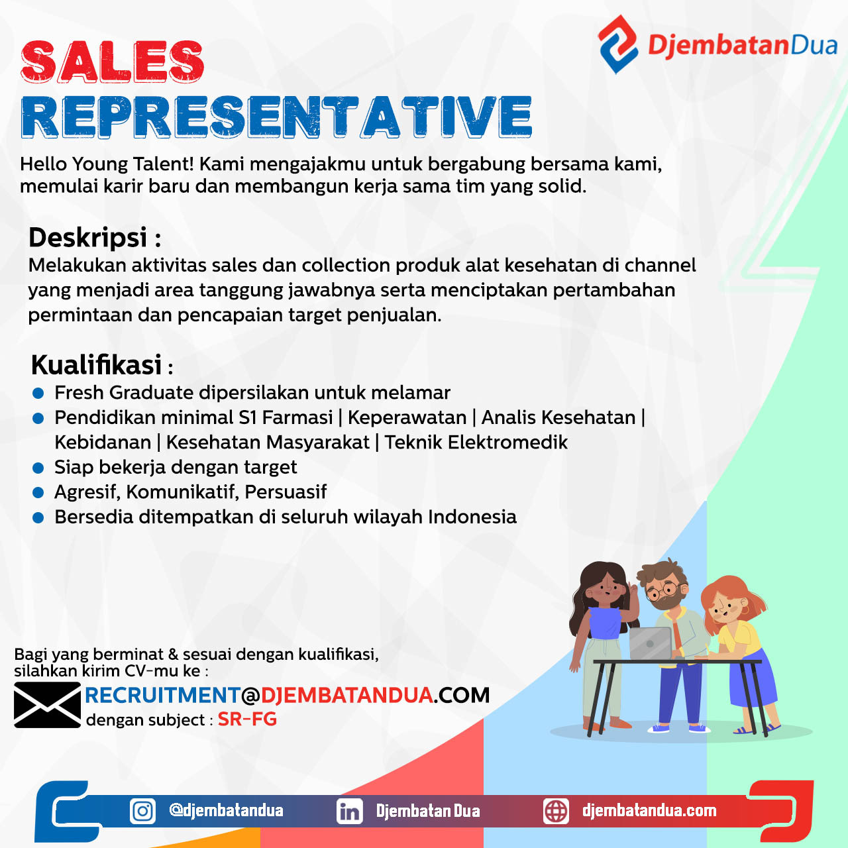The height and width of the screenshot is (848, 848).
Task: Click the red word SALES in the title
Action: pyautogui.click(x=112, y=62)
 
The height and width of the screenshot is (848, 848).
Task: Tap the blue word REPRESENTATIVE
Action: pyautogui.click(x=276, y=117)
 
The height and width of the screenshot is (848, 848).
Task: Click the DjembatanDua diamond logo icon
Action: pyautogui.click(x=617, y=44)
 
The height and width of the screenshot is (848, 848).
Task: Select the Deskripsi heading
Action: pyautogui.click(x=88, y=237)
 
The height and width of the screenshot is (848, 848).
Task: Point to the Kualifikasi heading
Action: pyautogui.click(x=97, y=365)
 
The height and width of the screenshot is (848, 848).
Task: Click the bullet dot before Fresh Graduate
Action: pyautogui.click(x=38, y=394)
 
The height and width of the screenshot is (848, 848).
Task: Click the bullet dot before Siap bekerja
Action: pyautogui.click(x=38, y=468)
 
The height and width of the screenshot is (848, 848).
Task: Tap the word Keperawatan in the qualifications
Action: pyautogui.click(x=407, y=417)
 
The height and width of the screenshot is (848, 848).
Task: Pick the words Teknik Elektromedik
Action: pyautogui.click(x=476, y=443)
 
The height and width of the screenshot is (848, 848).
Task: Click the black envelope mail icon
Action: pyautogui.click(x=47, y=705)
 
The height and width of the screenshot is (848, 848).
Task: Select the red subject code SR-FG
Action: pyautogui.click(x=247, y=719)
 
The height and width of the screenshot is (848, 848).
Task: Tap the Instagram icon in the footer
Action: pyautogui.click(x=142, y=811)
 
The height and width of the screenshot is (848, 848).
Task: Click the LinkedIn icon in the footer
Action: pyautogui.click(x=350, y=811)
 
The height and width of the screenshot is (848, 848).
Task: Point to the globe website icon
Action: pyautogui.click(x=556, y=811)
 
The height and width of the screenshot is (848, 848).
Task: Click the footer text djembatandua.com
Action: pyautogui.click(x=649, y=811)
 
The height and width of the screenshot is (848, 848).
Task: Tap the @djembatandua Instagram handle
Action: pyautogui.click(x=226, y=811)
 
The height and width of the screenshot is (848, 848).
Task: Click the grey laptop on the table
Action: pyautogui.click(x=651, y=643)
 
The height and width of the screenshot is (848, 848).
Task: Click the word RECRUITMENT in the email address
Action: pyautogui.click(x=162, y=695)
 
